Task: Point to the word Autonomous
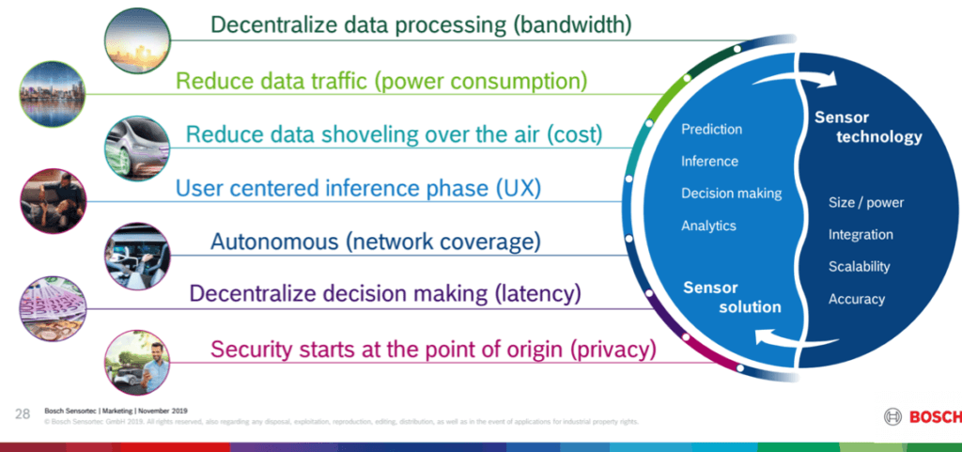pyautogui.click(x=273, y=242)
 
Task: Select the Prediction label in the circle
pyautogui.click(x=711, y=130)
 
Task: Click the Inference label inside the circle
pyautogui.click(x=709, y=162)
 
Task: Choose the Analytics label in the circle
pyautogui.click(x=708, y=226)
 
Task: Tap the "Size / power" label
pyautogui.click(x=865, y=203)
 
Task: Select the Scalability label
pyautogui.click(x=859, y=267)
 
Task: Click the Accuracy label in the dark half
pyautogui.click(x=856, y=299)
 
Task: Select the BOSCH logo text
pyautogui.click(x=933, y=416)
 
